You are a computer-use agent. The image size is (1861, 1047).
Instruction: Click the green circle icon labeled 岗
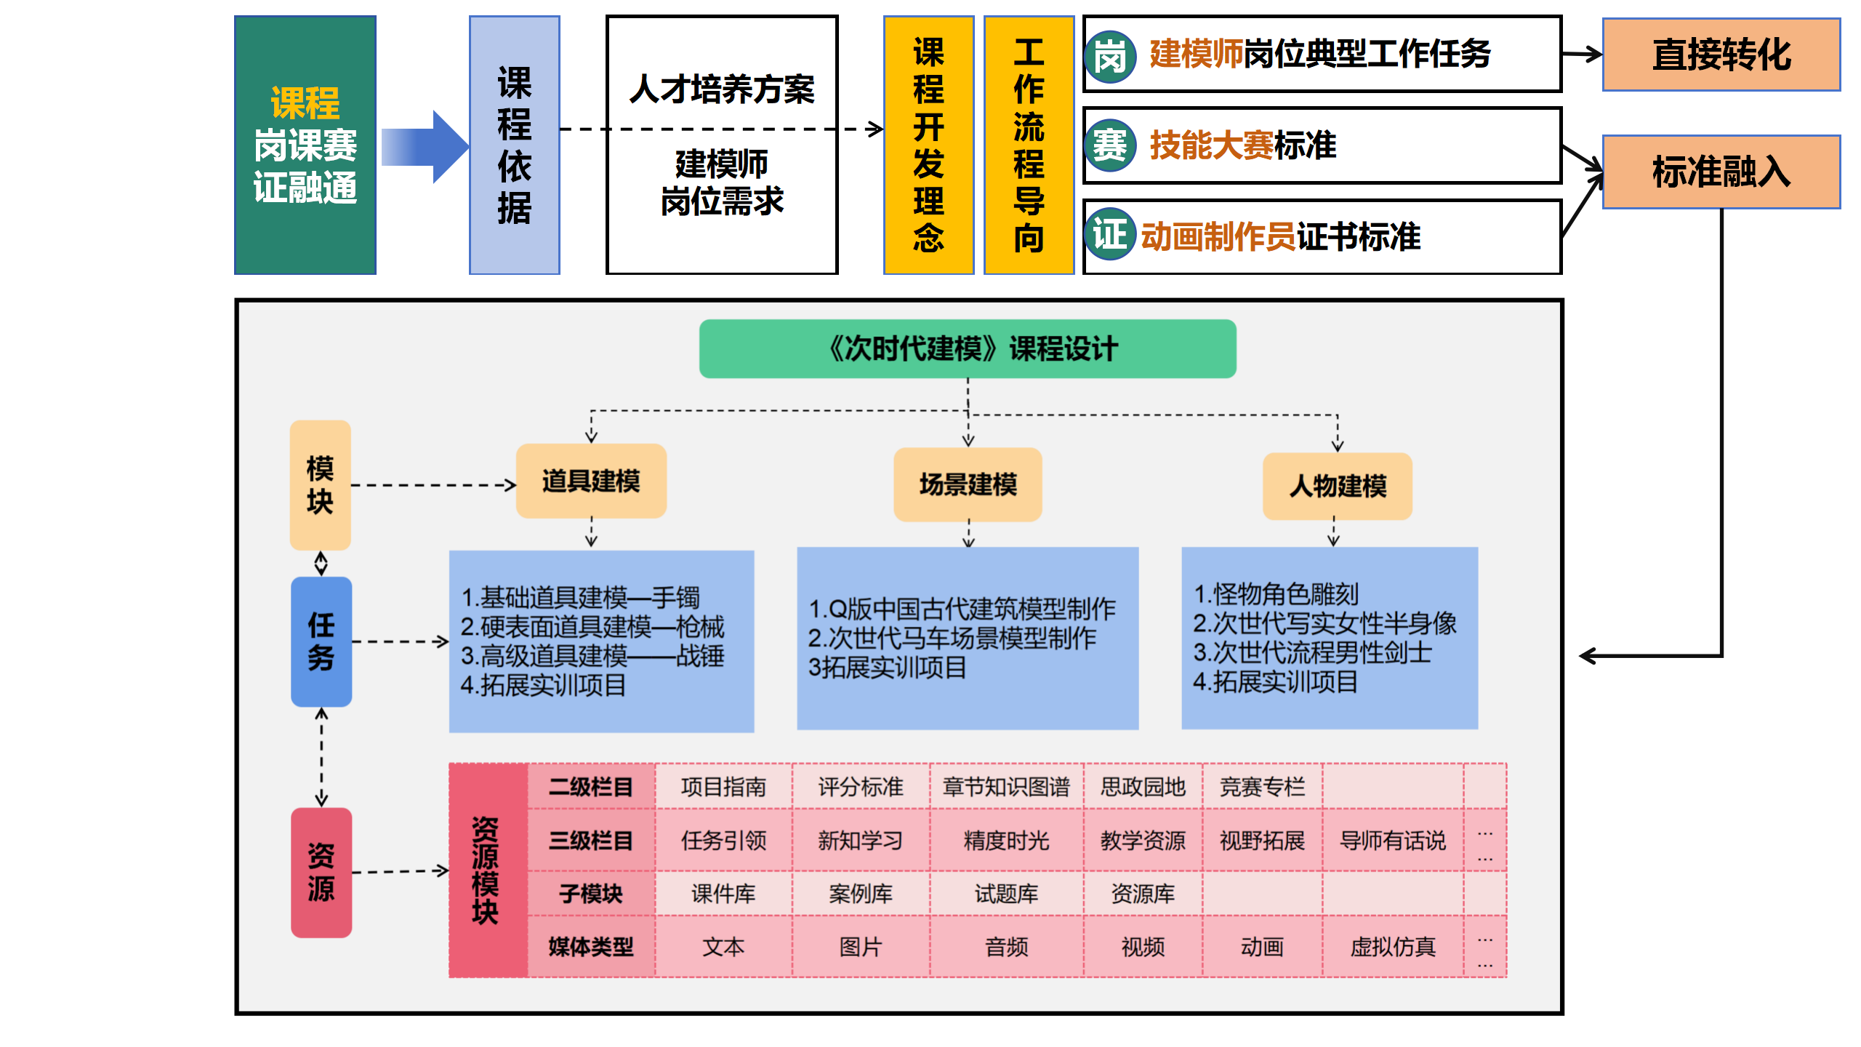point(1110,56)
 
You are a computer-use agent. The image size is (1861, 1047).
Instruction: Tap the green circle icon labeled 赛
point(1110,145)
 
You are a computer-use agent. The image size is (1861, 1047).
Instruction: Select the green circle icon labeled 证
point(1110,235)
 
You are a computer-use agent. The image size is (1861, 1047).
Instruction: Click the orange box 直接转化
point(1721,55)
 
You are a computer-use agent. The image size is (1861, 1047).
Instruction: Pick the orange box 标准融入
point(1721,172)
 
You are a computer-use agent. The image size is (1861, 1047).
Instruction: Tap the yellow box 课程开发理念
point(928,145)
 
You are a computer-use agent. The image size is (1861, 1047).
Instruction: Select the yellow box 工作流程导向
point(1029,145)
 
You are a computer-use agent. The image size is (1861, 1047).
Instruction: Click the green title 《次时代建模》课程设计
point(968,349)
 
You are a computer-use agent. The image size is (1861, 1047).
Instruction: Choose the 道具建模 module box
point(591,481)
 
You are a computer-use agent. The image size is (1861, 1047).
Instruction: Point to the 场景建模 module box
point(968,484)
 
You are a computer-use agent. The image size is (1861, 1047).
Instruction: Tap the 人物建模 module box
point(1337,486)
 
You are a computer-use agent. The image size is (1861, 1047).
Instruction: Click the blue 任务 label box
point(321,641)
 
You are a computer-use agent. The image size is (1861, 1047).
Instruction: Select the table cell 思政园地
point(1143,787)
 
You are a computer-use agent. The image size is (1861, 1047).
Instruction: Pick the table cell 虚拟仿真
point(1392,947)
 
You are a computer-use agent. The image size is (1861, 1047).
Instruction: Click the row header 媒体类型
point(590,947)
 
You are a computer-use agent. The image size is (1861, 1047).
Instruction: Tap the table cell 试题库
point(1006,894)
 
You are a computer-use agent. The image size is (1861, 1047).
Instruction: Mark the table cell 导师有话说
point(1392,841)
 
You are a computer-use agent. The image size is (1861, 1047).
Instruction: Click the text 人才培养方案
point(722,89)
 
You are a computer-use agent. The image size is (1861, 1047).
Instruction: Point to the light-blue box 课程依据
point(514,145)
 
